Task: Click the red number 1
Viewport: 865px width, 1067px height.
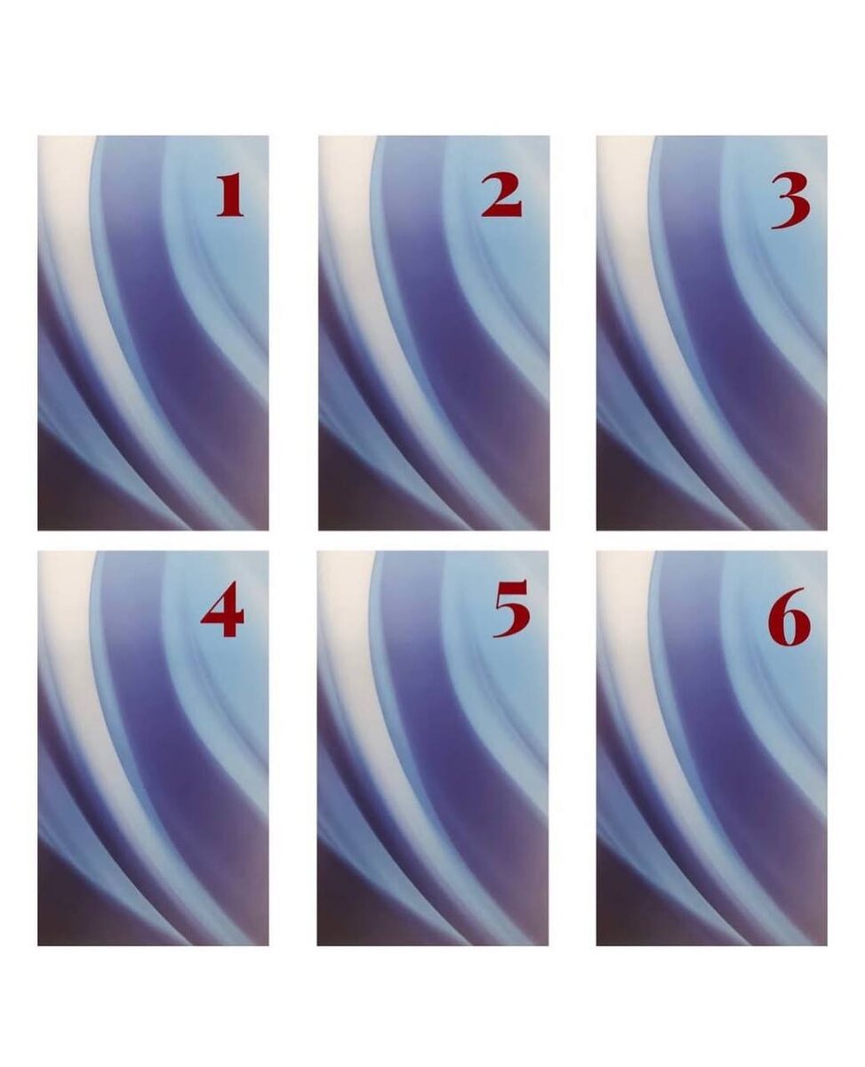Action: (x=230, y=196)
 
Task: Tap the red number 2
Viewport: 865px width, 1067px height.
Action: (x=501, y=196)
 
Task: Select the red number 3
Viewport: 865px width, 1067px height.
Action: (x=790, y=200)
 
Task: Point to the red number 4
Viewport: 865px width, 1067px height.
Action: (x=222, y=615)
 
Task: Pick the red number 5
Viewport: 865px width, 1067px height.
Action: (x=511, y=608)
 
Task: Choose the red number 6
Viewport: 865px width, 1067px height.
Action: (x=789, y=618)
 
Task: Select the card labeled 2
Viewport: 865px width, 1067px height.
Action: (x=434, y=333)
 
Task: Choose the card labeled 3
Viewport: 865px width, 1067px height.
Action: (x=712, y=333)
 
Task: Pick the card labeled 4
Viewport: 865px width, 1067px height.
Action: (x=153, y=749)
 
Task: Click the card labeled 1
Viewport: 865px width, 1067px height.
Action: (x=153, y=333)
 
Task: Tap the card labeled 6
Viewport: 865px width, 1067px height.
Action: (x=712, y=749)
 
